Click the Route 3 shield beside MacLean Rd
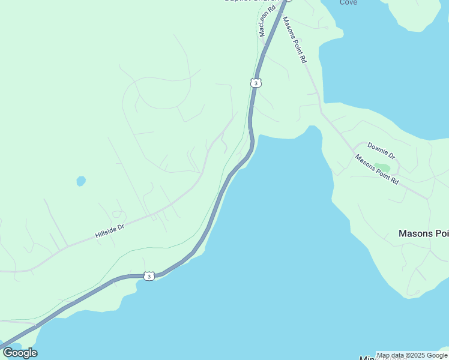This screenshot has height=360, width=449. (256, 83)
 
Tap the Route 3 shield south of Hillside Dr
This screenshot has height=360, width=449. (149, 276)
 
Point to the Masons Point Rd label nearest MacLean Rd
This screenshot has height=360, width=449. (295, 40)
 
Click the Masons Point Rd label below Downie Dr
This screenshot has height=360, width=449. (376, 169)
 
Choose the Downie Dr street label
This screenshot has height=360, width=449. (381, 150)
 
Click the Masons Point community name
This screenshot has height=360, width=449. (423, 233)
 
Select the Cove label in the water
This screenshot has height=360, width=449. (348, 2)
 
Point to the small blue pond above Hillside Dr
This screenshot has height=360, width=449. (80, 181)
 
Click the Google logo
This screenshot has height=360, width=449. (20, 353)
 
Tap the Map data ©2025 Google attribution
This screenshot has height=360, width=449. (412, 355)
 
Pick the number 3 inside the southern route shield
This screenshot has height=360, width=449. (149, 276)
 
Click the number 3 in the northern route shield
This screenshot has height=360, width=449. (256, 83)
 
